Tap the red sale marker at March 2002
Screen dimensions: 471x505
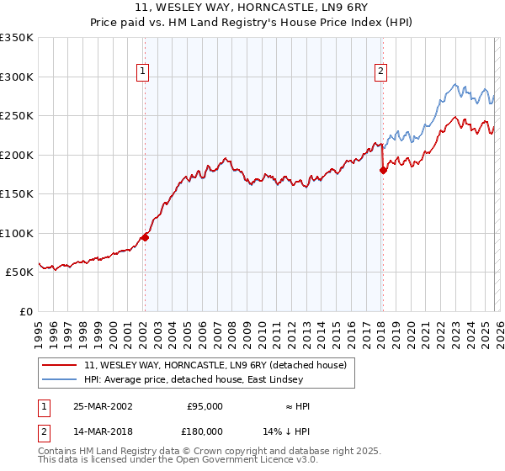(x=145, y=237)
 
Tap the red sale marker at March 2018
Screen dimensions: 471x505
(x=383, y=170)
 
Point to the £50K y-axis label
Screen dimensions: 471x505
(x=19, y=273)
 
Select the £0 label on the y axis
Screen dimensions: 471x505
(x=25, y=311)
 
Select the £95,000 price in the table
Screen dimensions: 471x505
(x=205, y=406)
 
